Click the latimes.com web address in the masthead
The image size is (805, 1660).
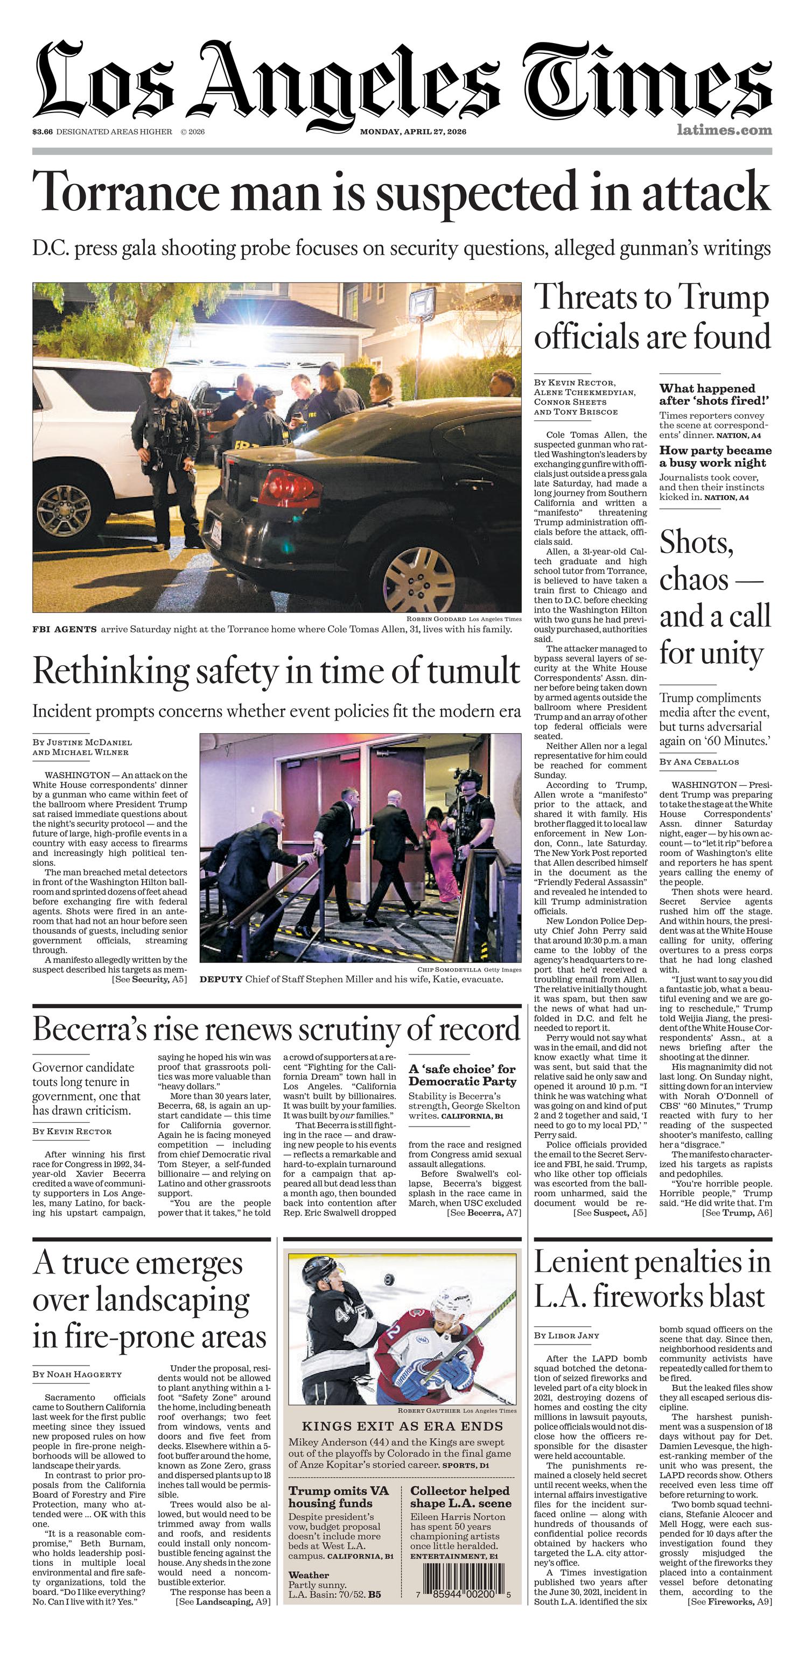tap(724, 130)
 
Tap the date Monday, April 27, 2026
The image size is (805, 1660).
tap(413, 132)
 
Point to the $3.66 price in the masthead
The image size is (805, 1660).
tap(43, 132)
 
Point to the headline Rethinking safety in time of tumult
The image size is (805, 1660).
tap(276, 671)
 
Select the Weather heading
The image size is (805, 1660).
tap(309, 1574)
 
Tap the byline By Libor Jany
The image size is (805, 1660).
tap(566, 1335)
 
